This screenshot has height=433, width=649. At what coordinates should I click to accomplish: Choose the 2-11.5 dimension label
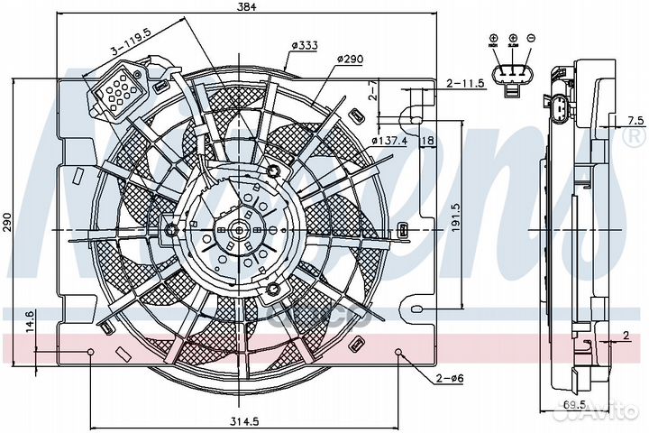466,83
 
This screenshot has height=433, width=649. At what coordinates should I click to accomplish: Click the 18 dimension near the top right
428,141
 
